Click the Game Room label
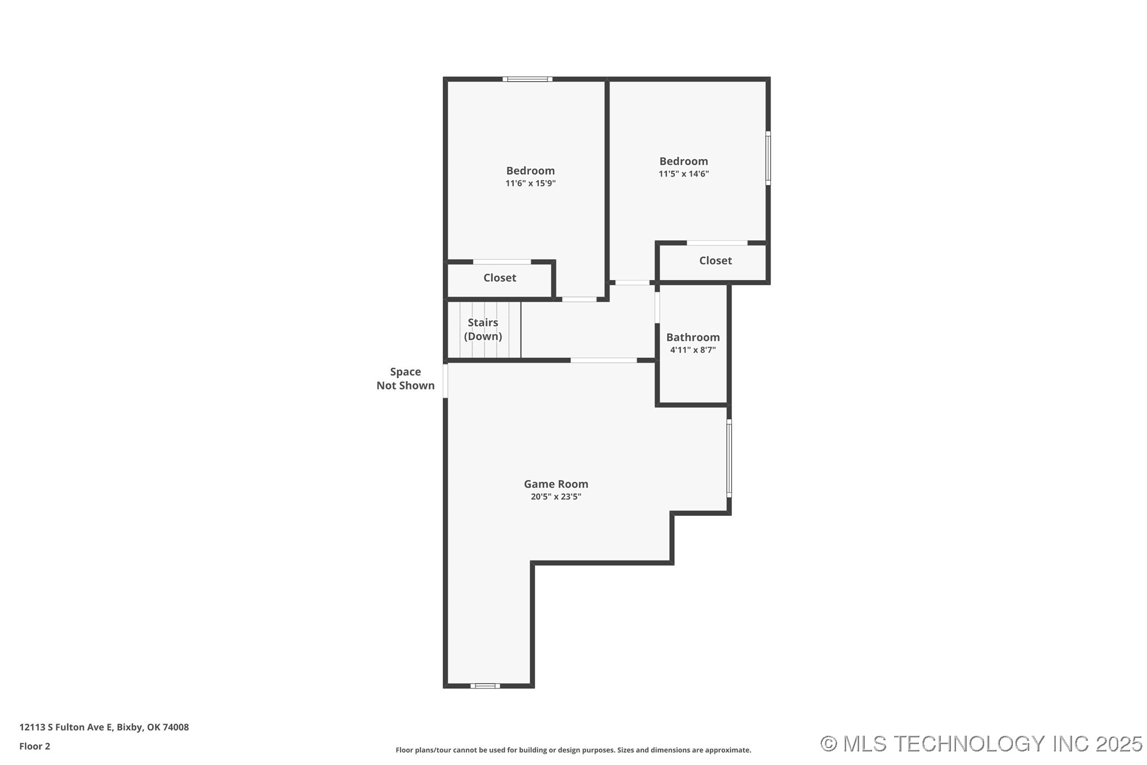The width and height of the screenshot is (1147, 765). click(555, 484)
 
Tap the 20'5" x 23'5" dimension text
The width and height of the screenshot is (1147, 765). click(555, 497)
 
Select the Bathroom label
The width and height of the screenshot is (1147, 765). click(692, 337)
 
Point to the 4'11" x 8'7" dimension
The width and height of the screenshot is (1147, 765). click(692, 350)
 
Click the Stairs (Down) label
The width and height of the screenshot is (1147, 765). click(483, 329)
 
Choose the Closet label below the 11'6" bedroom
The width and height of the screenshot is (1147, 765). click(499, 277)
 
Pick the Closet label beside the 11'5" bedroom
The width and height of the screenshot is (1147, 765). click(715, 260)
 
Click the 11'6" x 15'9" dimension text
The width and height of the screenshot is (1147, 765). click(530, 183)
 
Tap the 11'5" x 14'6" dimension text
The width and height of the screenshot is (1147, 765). click(683, 174)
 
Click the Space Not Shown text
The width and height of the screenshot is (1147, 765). click(405, 378)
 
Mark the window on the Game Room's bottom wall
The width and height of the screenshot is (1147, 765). click(485, 686)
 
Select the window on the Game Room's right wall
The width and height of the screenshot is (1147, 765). click(728, 458)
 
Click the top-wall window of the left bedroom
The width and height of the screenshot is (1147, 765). click(527, 79)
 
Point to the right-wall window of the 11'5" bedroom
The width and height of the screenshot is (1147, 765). click(768, 158)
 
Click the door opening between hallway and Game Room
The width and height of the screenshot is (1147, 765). click(603, 360)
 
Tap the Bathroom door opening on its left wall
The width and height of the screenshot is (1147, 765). click(657, 307)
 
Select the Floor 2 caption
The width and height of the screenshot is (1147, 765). click(34, 746)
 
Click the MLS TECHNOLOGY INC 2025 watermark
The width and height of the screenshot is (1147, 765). click(981, 744)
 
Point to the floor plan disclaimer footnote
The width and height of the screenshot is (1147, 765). click(573, 750)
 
